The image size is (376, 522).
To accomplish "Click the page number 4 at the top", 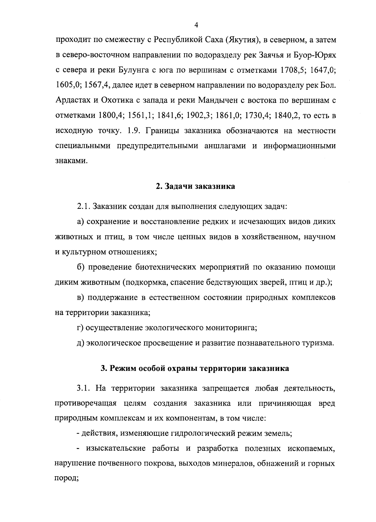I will pyautogui.click(x=196, y=25).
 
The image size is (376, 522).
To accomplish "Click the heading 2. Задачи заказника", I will pyautogui.click(x=196, y=187).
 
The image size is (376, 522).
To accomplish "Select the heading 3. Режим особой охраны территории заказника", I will pyautogui.click(x=195, y=368).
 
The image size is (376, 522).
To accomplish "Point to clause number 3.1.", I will pyautogui.click(x=84, y=389).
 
